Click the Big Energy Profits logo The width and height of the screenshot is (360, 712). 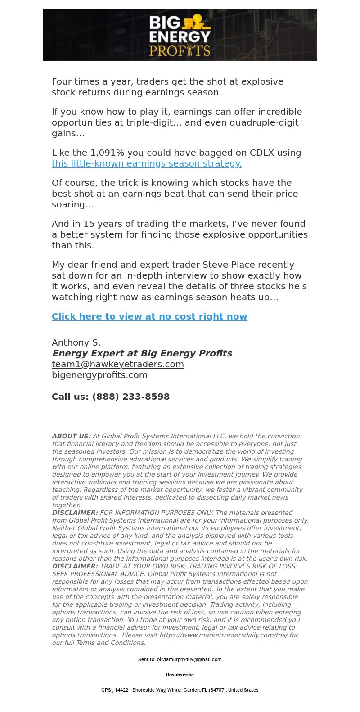(180, 35)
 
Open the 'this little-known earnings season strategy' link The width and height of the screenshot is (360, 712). (147, 163)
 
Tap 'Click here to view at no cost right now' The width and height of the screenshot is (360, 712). (149, 316)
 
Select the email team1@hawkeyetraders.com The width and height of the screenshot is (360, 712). (118, 364)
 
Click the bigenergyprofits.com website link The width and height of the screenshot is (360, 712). (99, 375)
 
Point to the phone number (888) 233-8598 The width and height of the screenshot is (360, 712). (131, 397)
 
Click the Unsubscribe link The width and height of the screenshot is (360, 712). (180, 675)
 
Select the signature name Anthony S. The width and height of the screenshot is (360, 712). (76, 342)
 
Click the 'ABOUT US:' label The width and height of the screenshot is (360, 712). (71, 436)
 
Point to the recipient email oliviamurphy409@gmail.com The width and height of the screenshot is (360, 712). (189, 659)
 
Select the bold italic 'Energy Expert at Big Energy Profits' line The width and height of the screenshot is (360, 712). (142, 353)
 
